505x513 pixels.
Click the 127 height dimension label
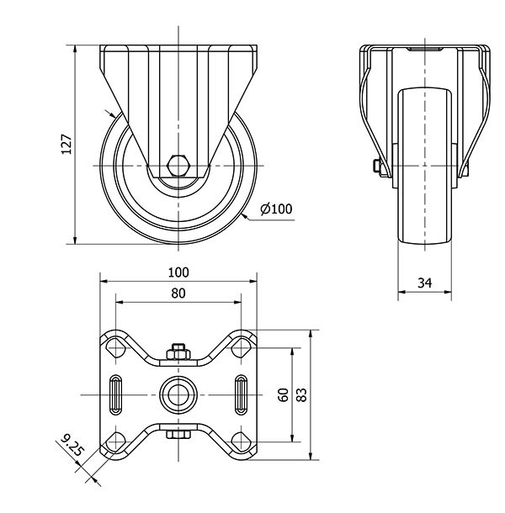click(67, 145)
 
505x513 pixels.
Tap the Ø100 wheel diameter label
click(276, 209)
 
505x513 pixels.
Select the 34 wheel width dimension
click(425, 284)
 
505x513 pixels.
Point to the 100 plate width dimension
click(178, 272)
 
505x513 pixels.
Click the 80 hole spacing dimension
click(178, 293)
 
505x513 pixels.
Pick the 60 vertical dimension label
click(284, 394)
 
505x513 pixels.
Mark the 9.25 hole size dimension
click(72, 446)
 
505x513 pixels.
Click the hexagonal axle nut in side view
click(178, 164)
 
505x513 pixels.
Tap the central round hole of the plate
click(178, 393)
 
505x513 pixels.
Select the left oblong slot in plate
click(115, 393)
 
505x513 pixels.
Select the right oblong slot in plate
click(241, 393)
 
